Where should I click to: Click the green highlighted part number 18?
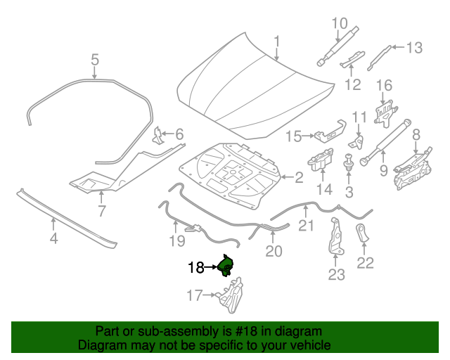point(226,266)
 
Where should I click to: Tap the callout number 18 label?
point(195,268)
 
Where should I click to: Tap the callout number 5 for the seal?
point(95,61)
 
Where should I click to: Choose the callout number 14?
point(324,189)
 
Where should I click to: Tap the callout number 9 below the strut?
point(384,169)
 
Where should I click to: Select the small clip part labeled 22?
point(363,233)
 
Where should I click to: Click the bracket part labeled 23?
point(335,238)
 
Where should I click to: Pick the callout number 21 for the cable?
point(305,225)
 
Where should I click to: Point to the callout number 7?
point(101,210)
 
